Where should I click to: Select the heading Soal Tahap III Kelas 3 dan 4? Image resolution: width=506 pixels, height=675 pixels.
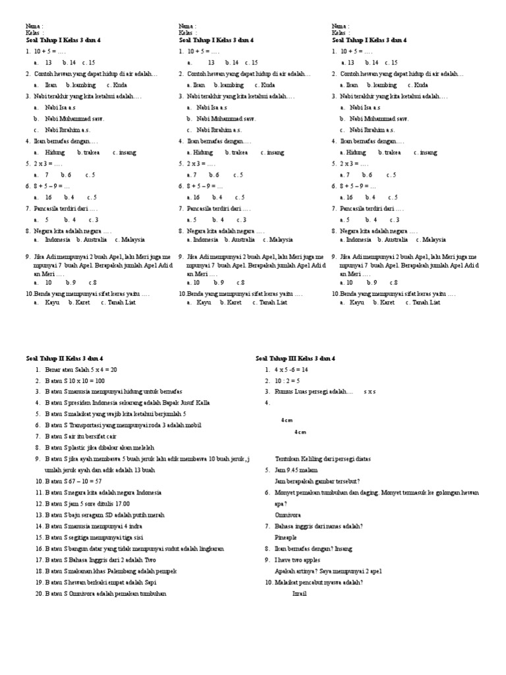click(296, 358)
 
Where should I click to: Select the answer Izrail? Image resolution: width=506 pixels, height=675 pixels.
click(300, 593)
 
